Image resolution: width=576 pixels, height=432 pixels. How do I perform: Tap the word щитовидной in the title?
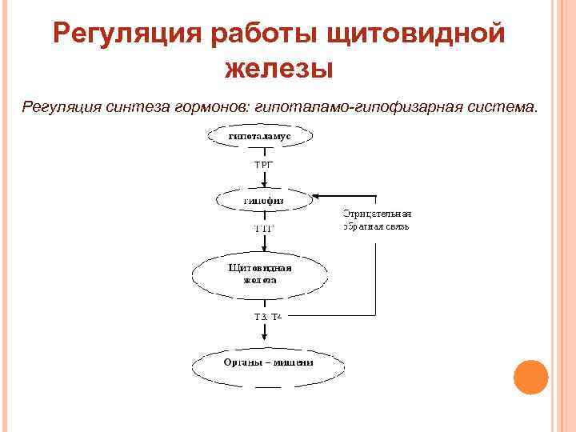pyautogui.click(x=417, y=34)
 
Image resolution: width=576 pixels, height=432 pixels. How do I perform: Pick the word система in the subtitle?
pyautogui.click(x=502, y=107)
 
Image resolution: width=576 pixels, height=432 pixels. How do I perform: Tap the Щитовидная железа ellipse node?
pyautogui.click(x=260, y=274)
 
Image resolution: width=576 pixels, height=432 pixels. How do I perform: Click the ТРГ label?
pyautogui.click(x=263, y=164)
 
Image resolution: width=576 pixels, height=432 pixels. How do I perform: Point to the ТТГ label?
pyautogui.click(x=263, y=229)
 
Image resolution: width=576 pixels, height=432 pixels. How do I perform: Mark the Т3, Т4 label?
pyautogui.click(x=268, y=318)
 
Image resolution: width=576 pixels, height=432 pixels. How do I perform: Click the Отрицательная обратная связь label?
pyautogui.click(x=376, y=220)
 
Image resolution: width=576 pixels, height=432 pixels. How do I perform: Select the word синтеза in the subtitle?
pyautogui.click(x=134, y=107)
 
